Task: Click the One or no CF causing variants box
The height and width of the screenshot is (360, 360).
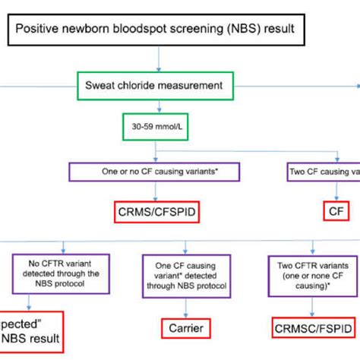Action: pos(153,172)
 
